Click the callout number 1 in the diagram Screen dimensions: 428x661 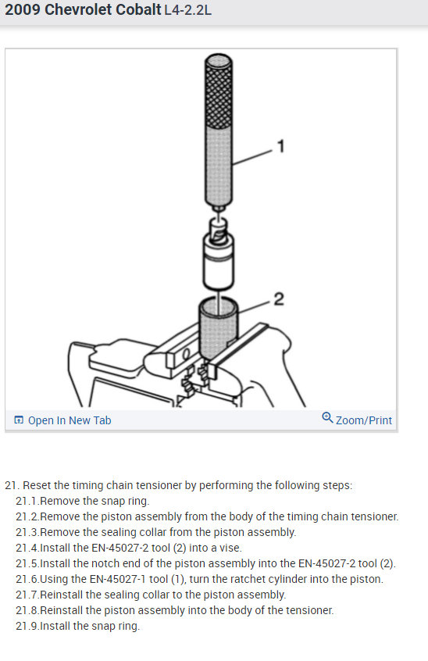pyautogui.click(x=280, y=146)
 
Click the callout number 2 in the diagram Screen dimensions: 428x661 pyautogui.click(x=279, y=299)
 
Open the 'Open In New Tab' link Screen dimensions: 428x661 pyautogui.click(x=70, y=420)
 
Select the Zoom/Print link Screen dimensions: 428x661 pyautogui.click(x=363, y=420)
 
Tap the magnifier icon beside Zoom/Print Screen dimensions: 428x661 pyautogui.click(x=327, y=417)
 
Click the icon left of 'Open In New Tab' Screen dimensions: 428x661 pyautogui.click(x=19, y=420)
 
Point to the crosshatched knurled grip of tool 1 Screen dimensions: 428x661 pyautogui.click(x=218, y=91)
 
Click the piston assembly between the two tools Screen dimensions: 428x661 pyautogui.click(x=219, y=254)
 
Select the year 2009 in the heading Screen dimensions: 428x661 pyautogui.click(x=23, y=9)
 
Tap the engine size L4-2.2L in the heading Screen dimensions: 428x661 pyautogui.click(x=188, y=9)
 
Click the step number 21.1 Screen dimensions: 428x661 pyautogui.click(x=27, y=501)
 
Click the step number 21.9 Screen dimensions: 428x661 pyautogui.click(x=27, y=626)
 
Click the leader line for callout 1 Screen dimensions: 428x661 pyautogui.click(x=253, y=157)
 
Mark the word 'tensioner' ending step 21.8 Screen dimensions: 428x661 pyautogui.click(x=312, y=610)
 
